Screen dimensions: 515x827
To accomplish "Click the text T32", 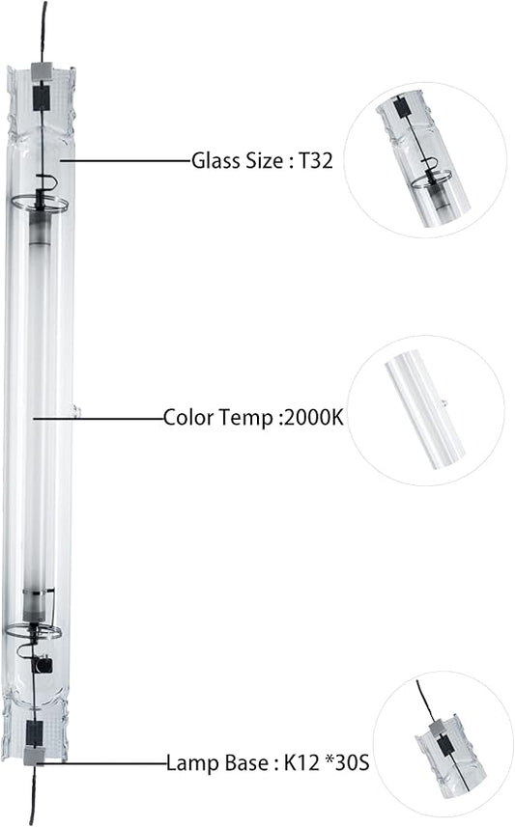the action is tap(316, 160).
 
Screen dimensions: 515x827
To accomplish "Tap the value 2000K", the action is tap(314, 417).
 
